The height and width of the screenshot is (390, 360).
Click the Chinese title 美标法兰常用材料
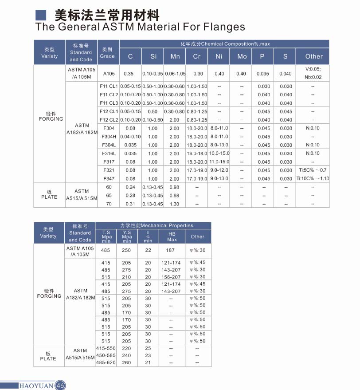click(x=106, y=15)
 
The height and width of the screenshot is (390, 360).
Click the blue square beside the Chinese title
click(x=41, y=15)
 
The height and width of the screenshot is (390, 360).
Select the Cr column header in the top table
click(x=197, y=56)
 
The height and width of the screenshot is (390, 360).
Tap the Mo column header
click(x=242, y=56)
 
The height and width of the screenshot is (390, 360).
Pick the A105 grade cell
click(x=109, y=74)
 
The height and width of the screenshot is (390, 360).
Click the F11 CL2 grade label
click(x=109, y=95)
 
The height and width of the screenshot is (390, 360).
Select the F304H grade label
click(x=109, y=137)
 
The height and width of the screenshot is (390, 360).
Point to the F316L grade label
click(x=109, y=154)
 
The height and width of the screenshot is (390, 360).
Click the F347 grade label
click(x=109, y=179)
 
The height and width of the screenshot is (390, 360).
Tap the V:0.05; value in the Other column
click(x=313, y=69)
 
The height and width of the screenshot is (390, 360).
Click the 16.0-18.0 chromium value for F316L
click(x=197, y=154)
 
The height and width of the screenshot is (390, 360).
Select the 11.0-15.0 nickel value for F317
click(x=219, y=162)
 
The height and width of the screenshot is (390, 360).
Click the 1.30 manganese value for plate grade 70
click(x=175, y=204)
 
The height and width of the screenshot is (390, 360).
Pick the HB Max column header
click(x=172, y=236)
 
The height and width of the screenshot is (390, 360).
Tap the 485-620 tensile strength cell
click(x=106, y=362)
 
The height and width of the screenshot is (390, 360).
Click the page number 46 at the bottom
click(x=61, y=386)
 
